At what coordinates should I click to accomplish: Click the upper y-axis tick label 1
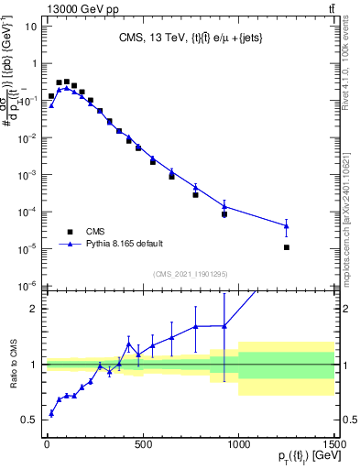33,64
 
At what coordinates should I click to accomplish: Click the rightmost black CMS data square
287,247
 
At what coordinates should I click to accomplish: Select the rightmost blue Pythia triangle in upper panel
287,225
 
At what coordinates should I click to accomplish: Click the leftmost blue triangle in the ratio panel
51,413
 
